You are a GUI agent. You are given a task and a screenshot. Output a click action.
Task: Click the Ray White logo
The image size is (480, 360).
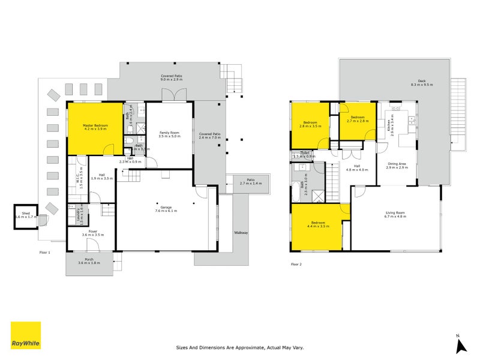26,335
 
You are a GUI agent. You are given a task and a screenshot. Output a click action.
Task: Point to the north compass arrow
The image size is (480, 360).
460,345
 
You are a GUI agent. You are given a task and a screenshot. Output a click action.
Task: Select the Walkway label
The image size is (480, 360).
241,233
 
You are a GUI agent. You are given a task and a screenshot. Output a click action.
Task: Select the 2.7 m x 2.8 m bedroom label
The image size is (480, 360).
358,119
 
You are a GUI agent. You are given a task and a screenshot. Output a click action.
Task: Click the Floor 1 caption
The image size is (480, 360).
44,253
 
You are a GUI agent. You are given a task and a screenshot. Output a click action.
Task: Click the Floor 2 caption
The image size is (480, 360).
297,263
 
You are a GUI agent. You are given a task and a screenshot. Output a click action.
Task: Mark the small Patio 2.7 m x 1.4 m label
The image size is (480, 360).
248,182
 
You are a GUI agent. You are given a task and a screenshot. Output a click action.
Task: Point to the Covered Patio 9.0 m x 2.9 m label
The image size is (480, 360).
172,78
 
